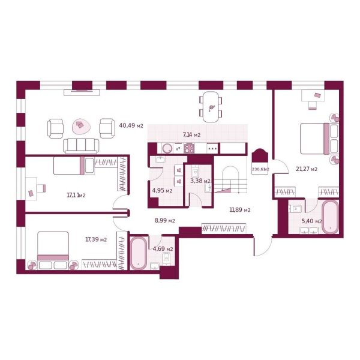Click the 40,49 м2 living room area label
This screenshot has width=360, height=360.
pyautogui.click(x=131, y=125)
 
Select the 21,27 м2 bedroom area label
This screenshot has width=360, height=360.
pyautogui.click(x=306, y=169)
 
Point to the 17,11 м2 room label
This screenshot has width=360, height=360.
pyautogui.click(x=76, y=194)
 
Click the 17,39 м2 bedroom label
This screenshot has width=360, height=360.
pyautogui.click(x=96, y=239)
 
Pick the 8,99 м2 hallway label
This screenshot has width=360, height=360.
pyautogui.click(x=164, y=220)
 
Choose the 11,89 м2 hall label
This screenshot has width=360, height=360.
pyautogui.click(x=240, y=209)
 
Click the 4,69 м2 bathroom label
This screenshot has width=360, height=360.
pyautogui.click(x=162, y=248)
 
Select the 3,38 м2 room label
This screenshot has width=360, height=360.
pyautogui.click(x=200, y=180)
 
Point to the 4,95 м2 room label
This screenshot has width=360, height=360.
pyautogui.click(x=162, y=191)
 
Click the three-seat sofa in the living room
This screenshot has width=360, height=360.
pyautogui.click(x=81, y=145)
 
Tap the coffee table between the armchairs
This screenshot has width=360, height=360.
pyautogui.click(x=80, y=127)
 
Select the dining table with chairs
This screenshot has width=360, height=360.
pyautogui.click(x=211, y=106)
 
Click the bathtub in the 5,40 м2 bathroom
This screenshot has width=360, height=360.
pyautogui.click(x=329, y=217)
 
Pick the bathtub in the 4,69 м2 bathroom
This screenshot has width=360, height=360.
pyautogui.click(x=139, y=253)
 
